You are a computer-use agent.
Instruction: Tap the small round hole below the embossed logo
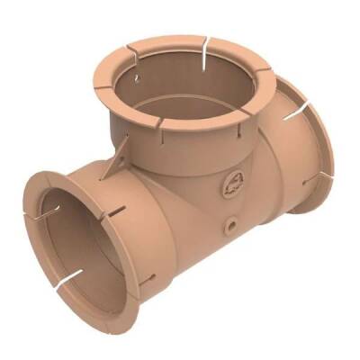point(232,220)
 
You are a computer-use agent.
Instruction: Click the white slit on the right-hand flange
point(290,114)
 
